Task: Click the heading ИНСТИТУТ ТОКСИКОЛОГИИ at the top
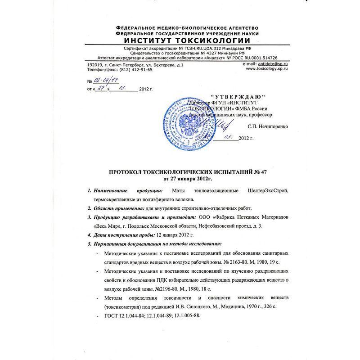point(180,40)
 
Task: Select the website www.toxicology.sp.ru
point(265,70)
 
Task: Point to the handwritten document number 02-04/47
point(102,81)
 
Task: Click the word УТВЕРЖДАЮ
point(238,97)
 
